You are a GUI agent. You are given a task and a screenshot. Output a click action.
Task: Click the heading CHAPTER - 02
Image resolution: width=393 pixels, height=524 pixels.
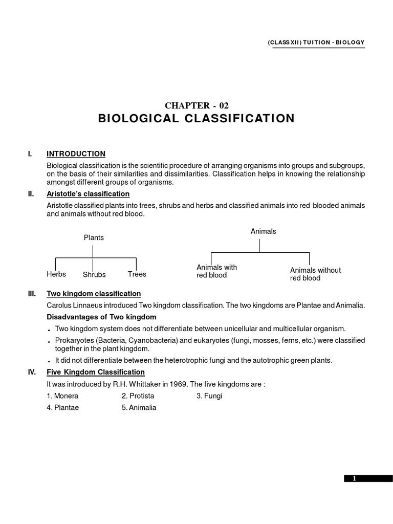click(x=196, y=106)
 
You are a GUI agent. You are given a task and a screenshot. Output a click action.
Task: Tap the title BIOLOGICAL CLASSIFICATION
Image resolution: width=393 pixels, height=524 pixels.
click(x=196, y=119)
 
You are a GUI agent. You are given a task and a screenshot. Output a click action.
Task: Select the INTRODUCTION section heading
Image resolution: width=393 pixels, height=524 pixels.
click(x=76, y=154)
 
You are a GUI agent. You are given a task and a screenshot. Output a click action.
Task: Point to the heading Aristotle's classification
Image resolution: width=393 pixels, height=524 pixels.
click(x=88, y=194)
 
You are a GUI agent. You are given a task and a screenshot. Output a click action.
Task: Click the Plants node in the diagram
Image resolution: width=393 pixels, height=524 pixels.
click(x=94, y=237)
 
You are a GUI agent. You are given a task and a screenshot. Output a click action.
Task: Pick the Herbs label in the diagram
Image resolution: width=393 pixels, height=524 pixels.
click(x=56, y=274)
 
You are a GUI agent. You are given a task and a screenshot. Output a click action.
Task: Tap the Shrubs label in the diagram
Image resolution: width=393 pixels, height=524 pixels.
click(x=94, y=275)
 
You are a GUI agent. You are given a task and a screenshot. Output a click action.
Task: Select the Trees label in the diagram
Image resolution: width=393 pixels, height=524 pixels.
click(x=137, y=274)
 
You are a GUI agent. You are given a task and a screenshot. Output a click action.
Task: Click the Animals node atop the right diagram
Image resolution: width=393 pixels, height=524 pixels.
click(x=263, y=231)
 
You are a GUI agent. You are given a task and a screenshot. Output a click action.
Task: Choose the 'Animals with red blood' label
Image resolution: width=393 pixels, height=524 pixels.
click(x=217, y=271)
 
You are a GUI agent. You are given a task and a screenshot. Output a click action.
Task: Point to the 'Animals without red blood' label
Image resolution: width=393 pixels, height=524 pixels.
click(x=315, y=274)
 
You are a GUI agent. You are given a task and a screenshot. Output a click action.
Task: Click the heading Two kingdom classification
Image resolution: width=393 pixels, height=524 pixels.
click(x=94, y=294)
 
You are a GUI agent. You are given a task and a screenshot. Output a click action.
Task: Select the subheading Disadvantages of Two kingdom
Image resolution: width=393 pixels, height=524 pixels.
click(x=101, y=317)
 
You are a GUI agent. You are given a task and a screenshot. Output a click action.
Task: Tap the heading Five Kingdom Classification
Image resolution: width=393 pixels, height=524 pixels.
click(x=96, y=372)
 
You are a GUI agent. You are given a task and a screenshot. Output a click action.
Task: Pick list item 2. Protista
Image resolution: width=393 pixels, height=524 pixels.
click(x=138, y=396)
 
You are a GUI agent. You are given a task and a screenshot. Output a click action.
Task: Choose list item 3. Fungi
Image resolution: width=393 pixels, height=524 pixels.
click(x=209, y=396)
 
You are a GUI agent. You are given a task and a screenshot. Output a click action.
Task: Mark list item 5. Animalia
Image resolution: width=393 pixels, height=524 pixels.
click(x=139, y=408)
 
